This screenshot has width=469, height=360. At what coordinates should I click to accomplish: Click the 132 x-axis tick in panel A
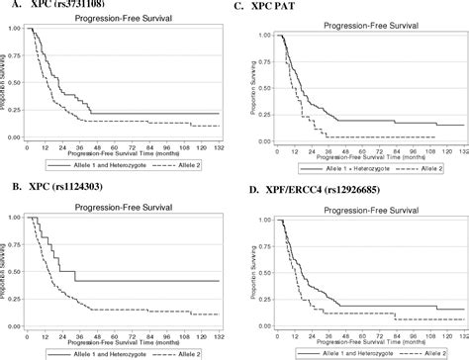click(219, 146)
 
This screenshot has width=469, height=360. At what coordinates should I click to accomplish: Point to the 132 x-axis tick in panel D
click(462, 334)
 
